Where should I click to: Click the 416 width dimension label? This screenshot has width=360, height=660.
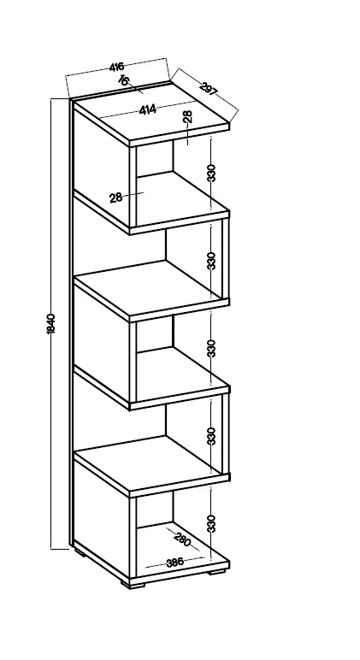click(x=116, y=67)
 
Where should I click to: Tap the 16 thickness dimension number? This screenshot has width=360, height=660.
click(x=123, y=80)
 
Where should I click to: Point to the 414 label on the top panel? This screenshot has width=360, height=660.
click(x=148, y=109)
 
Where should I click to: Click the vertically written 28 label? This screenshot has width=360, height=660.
click(x=188, y=116)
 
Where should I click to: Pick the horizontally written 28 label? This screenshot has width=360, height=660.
click(x=115, y=197)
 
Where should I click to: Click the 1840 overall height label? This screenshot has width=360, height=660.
click(x=51, y=324)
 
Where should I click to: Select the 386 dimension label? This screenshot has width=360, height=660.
click(x=174, y=562)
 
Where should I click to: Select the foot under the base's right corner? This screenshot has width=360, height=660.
click(x=217, y=572)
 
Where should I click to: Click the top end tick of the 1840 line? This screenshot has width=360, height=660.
click(x=60, y=99)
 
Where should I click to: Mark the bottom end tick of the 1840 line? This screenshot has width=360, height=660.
click(x=60, y=549)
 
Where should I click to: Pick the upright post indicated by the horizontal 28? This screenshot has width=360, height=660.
click(x=133, y=188)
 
